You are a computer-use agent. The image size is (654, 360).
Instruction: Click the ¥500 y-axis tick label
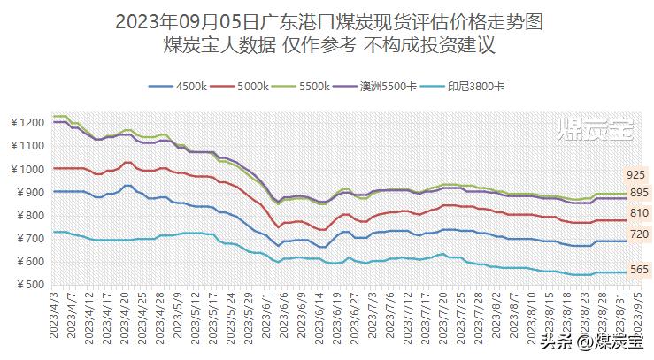(28, 285)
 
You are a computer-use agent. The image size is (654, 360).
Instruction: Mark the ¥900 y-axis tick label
(28, 192)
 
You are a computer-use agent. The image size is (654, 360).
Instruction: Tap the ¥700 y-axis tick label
(28, 239)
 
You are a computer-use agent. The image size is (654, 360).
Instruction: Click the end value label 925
(635, 175)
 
